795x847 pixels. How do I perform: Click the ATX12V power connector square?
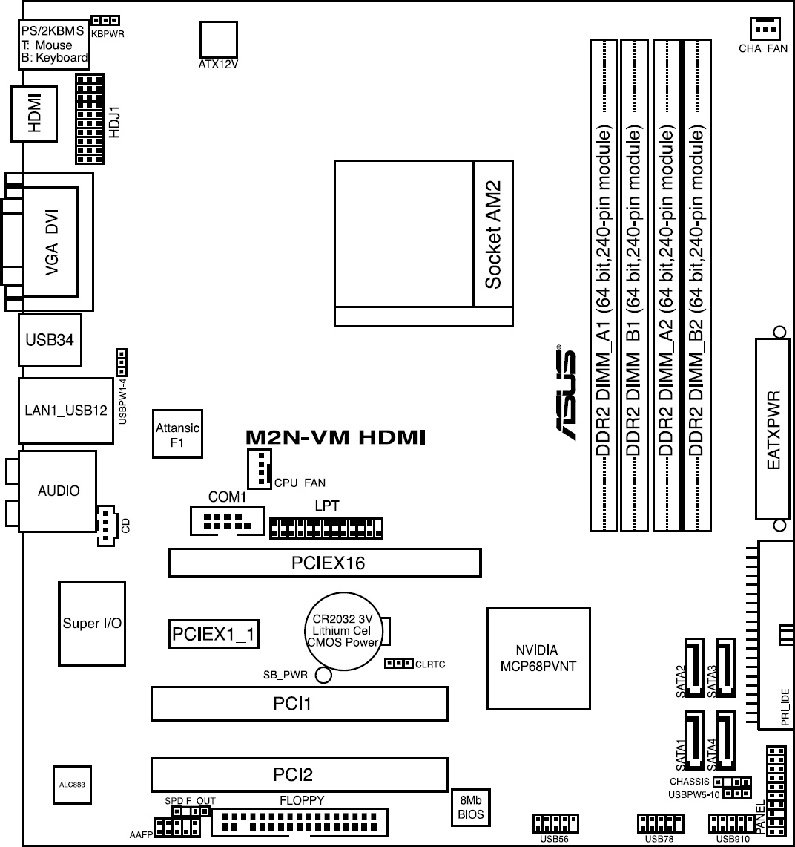219,39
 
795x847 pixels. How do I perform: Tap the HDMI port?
33,114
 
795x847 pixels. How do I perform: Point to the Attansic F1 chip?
177,434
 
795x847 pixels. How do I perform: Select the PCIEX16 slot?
325,563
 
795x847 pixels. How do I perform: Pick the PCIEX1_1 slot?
214,634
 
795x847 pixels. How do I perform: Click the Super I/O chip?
92,624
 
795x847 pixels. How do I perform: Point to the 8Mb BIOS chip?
471,808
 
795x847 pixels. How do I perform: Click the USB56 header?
550,823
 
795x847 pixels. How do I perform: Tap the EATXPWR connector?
773,429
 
